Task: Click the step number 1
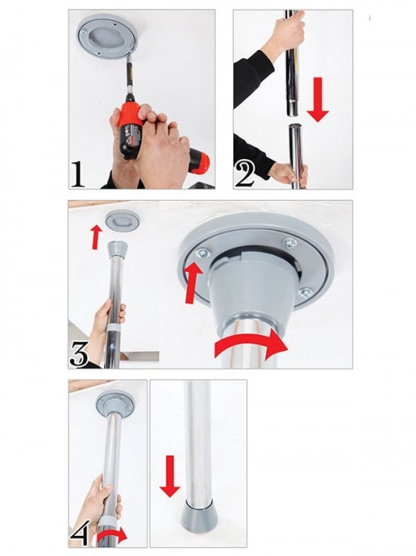[77, 174]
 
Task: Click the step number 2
[245, 173]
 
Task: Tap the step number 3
[79, 353]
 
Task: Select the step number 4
[79, 532]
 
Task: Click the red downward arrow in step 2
[318, 100]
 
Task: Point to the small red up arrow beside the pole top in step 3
[95, 238]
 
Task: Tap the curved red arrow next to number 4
[111, 534]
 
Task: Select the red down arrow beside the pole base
[171, 476]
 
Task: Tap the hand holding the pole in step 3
[107, 321]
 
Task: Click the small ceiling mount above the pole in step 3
[121, 221]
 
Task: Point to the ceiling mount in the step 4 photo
[113, 402]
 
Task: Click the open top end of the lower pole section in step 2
[295, 126]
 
